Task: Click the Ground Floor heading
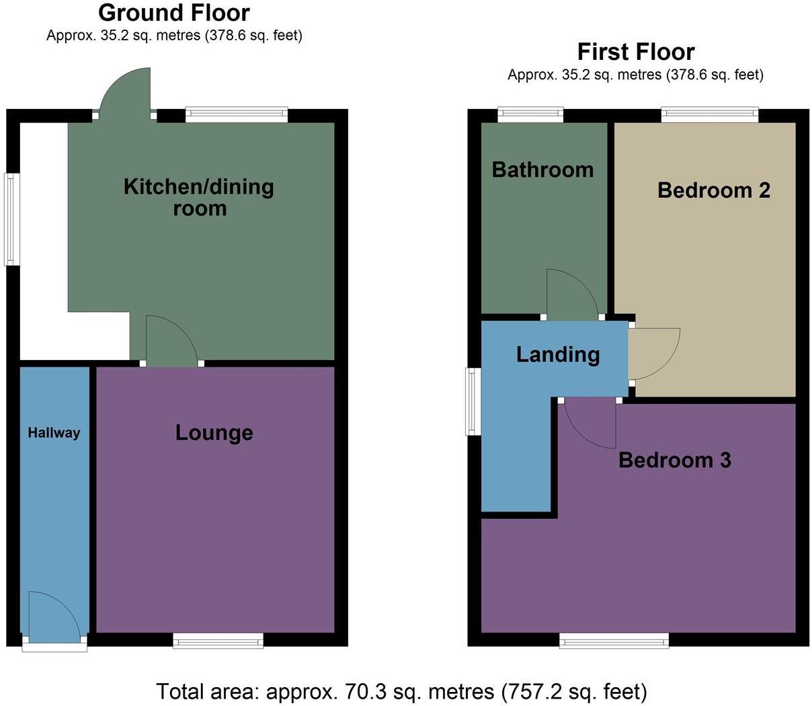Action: (x=173, y=13)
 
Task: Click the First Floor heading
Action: (x=636, y=52)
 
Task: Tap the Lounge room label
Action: (x=214, y=433)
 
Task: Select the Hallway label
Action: (x=54, y=433)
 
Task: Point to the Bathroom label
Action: (x=542, y=170)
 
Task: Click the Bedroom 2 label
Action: (x=713, y=190)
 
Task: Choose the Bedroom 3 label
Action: (x=674, y=460)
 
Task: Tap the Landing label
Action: (x=558, y=355)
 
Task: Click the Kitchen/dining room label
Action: (x=199, y=197)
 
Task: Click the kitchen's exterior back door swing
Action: (x=128, y=91)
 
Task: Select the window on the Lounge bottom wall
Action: (x=218, y=640)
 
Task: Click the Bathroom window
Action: (x=530, y=115)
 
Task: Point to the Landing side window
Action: (x=475, y=401)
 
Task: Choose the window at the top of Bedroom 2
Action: (x=709, y=115)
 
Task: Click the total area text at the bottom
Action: (x=401, y=691)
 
